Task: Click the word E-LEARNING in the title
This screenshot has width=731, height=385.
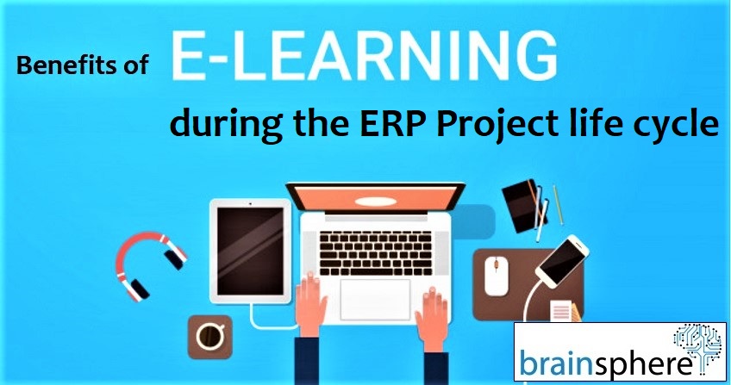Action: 364,56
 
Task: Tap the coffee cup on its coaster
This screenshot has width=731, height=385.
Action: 209,337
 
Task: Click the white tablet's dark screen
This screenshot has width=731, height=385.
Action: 250,251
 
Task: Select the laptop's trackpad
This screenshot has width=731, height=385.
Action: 375,300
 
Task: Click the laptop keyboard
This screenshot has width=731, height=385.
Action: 375,253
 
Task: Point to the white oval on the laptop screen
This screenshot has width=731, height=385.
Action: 375,202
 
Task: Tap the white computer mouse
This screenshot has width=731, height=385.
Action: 496,276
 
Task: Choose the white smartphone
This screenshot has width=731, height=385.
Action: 562,261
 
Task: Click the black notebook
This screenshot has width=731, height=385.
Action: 522,206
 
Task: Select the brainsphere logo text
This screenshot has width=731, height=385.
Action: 606,363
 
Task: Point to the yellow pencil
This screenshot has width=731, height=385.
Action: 558,205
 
